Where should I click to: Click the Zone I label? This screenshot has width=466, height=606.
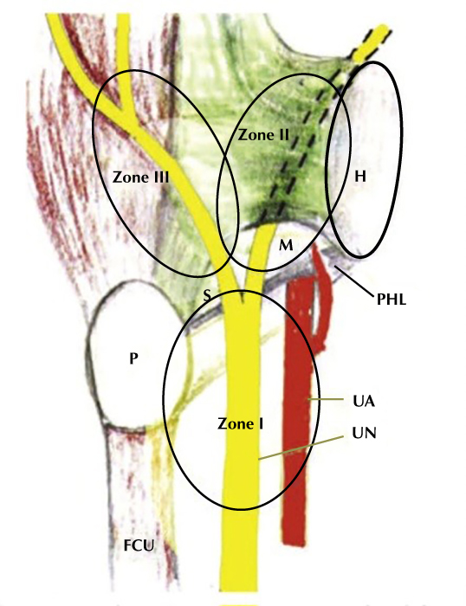pyautogui.click(x=240, y=424)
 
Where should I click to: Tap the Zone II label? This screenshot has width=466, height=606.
pyautogui.click(x=263, y=135)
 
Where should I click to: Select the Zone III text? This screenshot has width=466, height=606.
pyautogui.click(x=141, y=177)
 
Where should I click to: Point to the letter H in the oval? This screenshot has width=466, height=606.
pyautogui.click(x=360, y=177)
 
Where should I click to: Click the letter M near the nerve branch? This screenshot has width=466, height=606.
pyautogui.click(x=286, y=245)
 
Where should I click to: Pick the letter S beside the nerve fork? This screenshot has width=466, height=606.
pyautogui.click(x=207, y=296)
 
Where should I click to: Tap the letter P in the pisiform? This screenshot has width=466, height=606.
pyautogui.click(x=133, y=358)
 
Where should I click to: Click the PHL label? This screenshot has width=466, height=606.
pyautogui.click(x=392, y=300)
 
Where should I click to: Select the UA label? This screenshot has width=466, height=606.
pyautogui.click(x=364, y=402)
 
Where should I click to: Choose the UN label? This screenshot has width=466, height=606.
pyautogui.click(x=365, y=433)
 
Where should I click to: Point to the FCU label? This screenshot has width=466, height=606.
pyautogui.click(x=139, y=545)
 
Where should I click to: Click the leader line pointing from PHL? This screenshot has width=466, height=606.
pyautogui.click(x=354, y=281)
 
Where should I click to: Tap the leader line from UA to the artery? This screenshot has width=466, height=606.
pyautogui.click(x=326, y=399)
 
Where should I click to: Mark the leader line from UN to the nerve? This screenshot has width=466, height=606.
pyautogui.click(x=301, y=448)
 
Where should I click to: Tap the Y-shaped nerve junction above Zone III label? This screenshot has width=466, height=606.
pyautogui.click(x=126, y=111)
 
